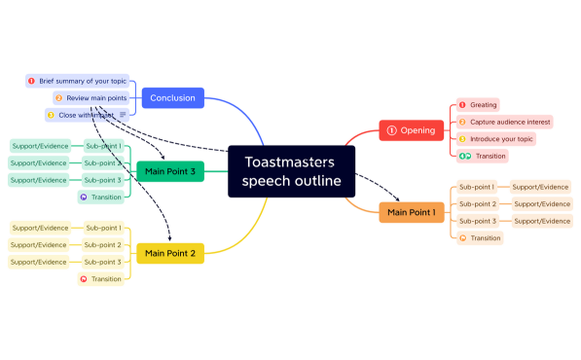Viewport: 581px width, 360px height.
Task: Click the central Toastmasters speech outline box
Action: tap(291, 171)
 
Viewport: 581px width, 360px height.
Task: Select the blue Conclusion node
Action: tap(173, 97)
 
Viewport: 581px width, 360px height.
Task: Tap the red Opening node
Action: tap(412, 129)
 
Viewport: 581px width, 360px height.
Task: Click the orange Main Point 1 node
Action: tap(412, 212)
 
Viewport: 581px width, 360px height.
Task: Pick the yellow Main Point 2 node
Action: tap(170, 254)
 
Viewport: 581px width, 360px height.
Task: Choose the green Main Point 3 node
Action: tap(170, 172)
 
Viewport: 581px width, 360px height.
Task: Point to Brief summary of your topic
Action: tap(83, 81)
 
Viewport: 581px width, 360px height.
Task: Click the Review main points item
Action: tap(95, 98)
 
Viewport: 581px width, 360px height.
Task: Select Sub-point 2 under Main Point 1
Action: tap(478, 204)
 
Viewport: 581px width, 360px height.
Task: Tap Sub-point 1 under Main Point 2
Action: tap(102, 228)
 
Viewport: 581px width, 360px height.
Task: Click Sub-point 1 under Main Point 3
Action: tap(102, 146)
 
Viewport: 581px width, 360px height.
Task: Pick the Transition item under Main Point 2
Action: tap(105, 279)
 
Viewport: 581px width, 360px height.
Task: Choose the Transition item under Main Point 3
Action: tap(105, 198)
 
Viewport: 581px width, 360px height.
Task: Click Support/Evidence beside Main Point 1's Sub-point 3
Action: tap(541, 221)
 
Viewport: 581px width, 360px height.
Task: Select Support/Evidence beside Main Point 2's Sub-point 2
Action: tap(40, 245)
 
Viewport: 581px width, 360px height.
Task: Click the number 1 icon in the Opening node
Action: tap(392, 129)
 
